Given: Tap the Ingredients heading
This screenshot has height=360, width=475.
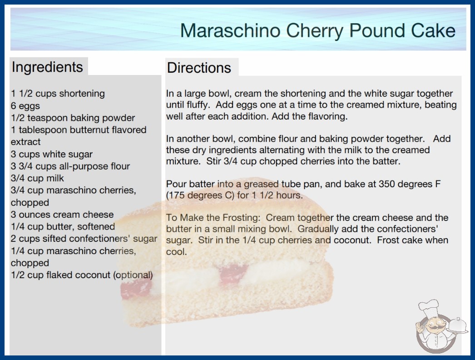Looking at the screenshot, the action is tap(47, 67).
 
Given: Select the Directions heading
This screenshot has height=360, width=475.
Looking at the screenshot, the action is tap(199, 68).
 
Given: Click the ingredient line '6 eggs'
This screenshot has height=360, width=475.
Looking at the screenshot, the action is tap(25, 106).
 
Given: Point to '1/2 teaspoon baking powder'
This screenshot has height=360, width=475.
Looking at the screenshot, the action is tap(73, 118).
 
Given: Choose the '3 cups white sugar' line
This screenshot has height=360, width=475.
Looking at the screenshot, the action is tap(51, 154).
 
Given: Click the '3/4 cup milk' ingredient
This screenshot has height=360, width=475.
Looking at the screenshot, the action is tap(37, 178).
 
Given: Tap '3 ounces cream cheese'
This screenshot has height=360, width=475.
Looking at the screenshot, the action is tap(62, 215).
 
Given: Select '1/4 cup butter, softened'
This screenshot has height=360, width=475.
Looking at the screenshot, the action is tap(63, 226).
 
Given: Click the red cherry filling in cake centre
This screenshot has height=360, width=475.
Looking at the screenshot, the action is tap(233, 275).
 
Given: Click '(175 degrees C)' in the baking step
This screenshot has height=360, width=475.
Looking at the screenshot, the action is tap(200, 195).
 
